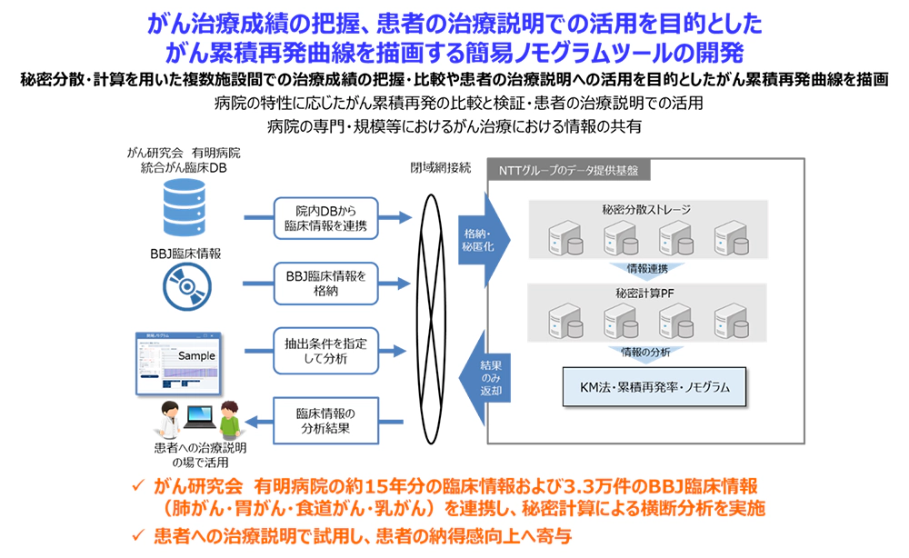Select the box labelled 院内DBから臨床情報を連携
[x=325, y=218]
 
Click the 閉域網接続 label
[x=441, y=169]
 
